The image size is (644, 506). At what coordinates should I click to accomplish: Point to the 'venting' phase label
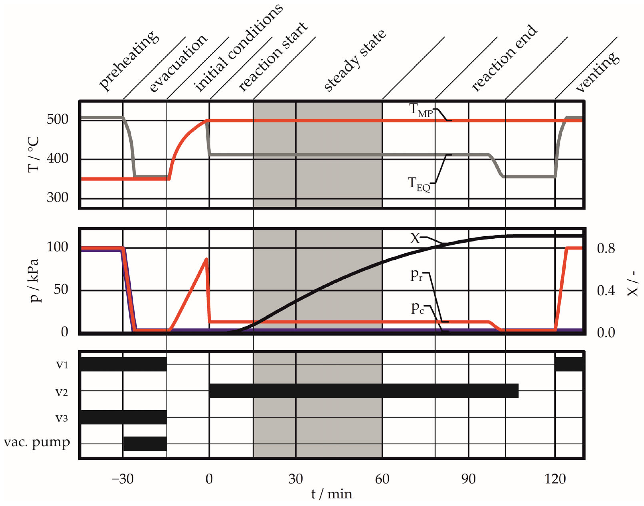(x=598, y=71)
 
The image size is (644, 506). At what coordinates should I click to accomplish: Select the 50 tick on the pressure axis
(x=61, y=289)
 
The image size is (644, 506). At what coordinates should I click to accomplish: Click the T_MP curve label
(x=420, y=110)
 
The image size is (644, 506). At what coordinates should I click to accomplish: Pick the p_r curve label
(x=416, y=275)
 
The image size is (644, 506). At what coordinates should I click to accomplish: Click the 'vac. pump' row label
(x=37, y=443)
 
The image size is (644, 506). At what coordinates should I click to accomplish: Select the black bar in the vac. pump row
(x=145, y=443)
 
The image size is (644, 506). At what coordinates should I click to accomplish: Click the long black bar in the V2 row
(x=364, y=391)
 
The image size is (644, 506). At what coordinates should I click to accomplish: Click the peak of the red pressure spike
(x=207, y=259)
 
